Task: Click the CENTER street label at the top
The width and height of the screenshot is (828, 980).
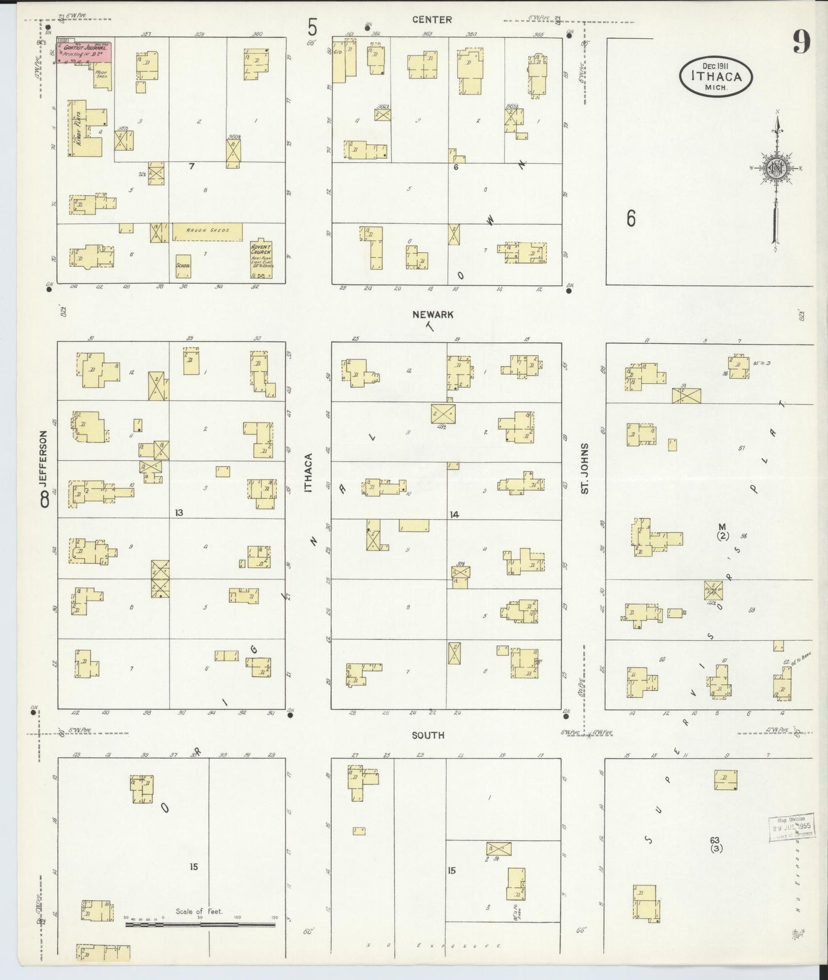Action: [x=432, y=19]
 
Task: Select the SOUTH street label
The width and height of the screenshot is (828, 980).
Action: [x=427, y=735]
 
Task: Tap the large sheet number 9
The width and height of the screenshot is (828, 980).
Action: [x=801, y=42]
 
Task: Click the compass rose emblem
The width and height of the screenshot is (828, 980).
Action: [x=776, y=168]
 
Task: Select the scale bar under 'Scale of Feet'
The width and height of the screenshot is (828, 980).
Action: [x=200, y=924]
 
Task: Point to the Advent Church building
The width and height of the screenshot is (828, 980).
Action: [x=261, y=258]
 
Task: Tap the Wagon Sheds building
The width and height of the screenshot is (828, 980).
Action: [x=207, y=231]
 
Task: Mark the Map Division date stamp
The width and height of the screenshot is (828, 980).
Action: [x=791, y=829]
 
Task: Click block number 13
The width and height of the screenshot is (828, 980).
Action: [x=179, y=512]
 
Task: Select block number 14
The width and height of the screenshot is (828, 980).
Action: [x=454, y=515]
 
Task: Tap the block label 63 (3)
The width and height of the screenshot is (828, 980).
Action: [x=715, y=844]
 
